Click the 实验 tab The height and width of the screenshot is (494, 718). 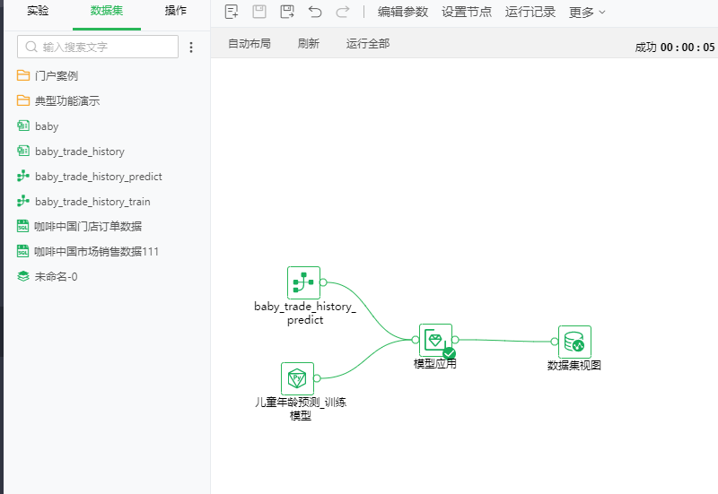click(x=38, y=11)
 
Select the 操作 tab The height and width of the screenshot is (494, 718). click(x=175, y=11)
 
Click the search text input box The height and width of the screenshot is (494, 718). click(x=98, y=47)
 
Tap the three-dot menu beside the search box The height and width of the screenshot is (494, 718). click(x=191, y=48)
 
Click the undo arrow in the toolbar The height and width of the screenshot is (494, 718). click(x=315, y=12)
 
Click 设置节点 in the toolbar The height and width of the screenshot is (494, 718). click(x=467, y=12)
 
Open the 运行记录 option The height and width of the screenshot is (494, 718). click(x=530, y=12)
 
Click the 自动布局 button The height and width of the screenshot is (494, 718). click(x=250, y=43)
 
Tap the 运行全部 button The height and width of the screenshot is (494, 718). click(x=368, y=43)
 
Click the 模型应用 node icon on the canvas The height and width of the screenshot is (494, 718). click(x=435, y=341)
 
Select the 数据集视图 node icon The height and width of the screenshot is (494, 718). click(x=574, y=342)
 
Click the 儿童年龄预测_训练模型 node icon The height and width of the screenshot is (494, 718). click(x=297, y=378)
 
